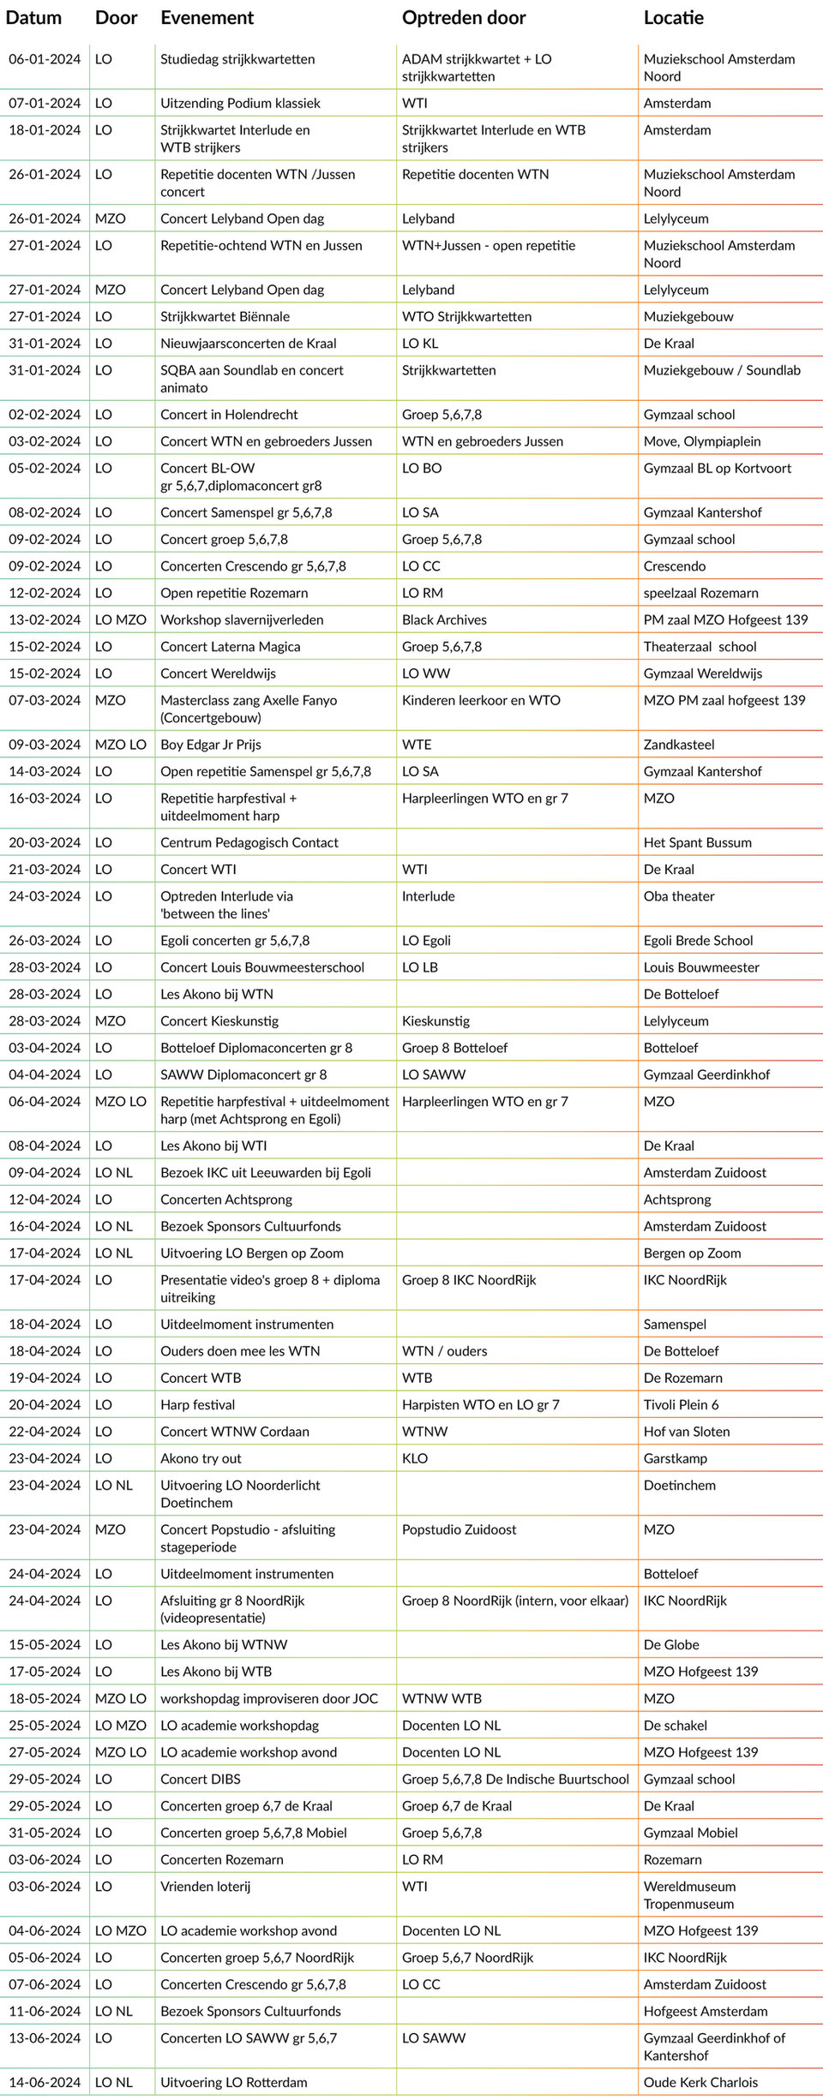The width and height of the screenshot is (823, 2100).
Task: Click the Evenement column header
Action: click(207, 18)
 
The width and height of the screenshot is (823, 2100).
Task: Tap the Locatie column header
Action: click(673, 18)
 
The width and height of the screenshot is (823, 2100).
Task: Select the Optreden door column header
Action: click(464, 18)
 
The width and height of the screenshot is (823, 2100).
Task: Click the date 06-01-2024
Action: click(45, 59)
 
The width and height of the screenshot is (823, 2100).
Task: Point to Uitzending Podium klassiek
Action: click(240, 103)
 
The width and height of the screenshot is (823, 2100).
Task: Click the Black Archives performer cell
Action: click(444, 619)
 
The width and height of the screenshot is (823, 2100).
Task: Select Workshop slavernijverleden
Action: click(242, 619)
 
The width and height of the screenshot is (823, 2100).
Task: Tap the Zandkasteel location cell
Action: click(679, 745)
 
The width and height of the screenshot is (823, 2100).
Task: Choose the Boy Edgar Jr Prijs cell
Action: click(211, 745)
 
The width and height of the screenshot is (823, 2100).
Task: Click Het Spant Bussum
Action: click(697, 842)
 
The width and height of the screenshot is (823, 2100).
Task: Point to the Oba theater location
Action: click(679, 896)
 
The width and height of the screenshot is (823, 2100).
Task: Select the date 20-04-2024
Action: click(45, 1404)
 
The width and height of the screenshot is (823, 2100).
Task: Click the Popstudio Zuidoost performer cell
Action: click(459, 1529)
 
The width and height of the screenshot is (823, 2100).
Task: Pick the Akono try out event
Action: click(201, 1458)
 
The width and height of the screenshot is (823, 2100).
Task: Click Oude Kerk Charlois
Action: click(700, 2082)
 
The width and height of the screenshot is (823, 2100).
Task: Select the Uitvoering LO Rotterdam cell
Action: click(233, 2082)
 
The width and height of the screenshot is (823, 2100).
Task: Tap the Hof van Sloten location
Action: click(687, 1431)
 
